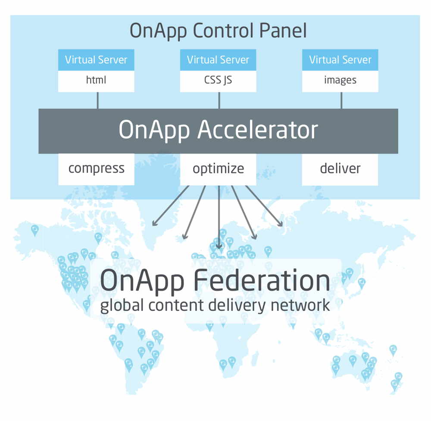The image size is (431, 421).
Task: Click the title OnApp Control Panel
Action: [x=218, y=31]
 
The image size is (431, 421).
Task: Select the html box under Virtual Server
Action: [x=96, y=81]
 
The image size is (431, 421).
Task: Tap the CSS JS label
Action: [x=218, y=80]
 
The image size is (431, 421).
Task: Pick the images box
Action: [x=340, y=81]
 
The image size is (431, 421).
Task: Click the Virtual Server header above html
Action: [x=96, y=60]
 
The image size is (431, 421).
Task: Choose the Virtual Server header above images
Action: [x=340, y=60]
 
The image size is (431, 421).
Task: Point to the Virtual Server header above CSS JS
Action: [x=218, y=60]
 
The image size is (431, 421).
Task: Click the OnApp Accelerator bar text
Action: [x=218, y=130]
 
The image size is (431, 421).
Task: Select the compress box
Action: [x=96, y=169]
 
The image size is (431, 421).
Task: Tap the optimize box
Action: [x=218, y=169]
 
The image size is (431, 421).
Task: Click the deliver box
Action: [x=340, y=169]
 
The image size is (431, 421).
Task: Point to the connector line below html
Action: [x=97, y=100]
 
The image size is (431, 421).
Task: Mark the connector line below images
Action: [x=341, y=100]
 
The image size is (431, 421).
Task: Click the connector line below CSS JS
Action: [x=219, y=100]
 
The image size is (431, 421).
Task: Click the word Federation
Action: [x=262, y=280]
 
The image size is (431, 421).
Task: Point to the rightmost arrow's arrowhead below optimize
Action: [x=280, y=224]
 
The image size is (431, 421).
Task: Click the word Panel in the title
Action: [x=283, y=30]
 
